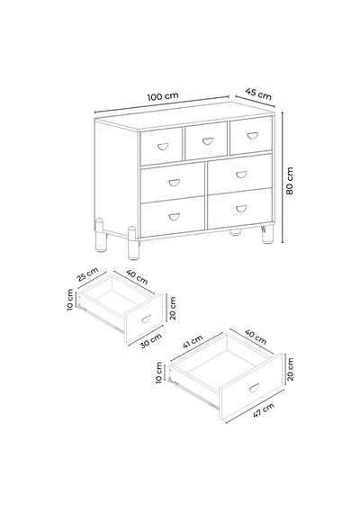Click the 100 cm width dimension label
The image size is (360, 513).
tap(163, 96)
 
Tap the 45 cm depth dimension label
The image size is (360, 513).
tap(258, 94)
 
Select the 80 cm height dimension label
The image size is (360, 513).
tap(290, 181)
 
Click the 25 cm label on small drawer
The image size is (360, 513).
tap(87, 274)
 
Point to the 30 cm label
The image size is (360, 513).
tap(151, 340)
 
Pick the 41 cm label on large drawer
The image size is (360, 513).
tap(192, 342)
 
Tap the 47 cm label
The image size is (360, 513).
tap(264, 409)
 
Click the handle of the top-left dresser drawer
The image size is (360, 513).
tap(162, 147)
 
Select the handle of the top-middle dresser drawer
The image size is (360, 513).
tap(208, 141)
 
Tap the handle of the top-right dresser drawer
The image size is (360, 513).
tap(252, 135)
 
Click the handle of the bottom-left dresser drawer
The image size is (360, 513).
tap(174, 217)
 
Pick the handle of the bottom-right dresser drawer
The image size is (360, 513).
tap(241, 209)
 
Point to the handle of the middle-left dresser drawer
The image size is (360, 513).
tap(174, 183)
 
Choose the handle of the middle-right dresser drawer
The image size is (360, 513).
tap(241, 175)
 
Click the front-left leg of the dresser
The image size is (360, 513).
tap(133, 243)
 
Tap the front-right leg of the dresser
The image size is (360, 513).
tap(267, 234)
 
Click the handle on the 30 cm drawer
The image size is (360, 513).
tap(146, 319)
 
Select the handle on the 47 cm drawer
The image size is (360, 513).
tap(254, 388)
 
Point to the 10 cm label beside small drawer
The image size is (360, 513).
tap(70, 300)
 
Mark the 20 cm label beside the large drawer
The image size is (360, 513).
tap(290, 369)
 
